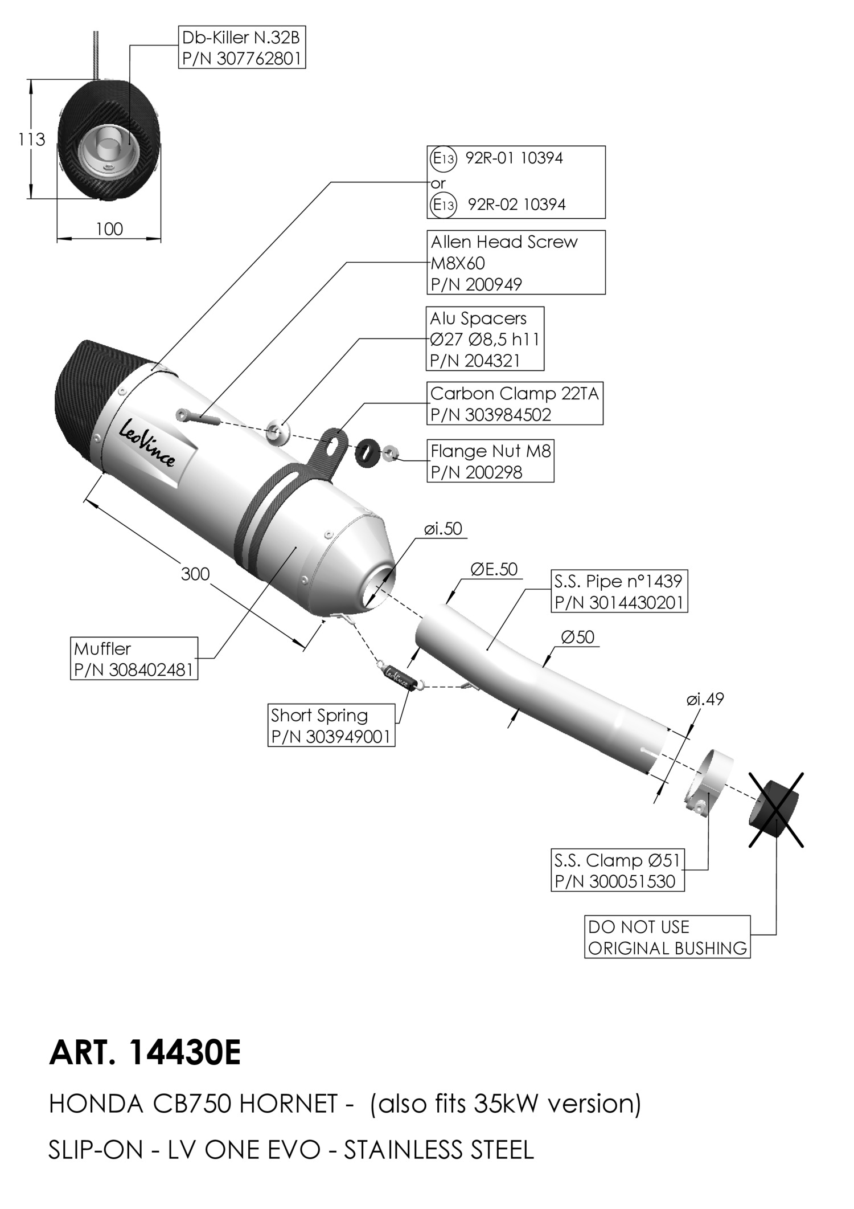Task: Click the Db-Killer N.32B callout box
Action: coord(242,48)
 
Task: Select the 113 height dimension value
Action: coord(31,139)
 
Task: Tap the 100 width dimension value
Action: coord(109,229)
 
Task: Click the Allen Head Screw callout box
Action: coord(516,262)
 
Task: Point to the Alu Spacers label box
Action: coord(485,339)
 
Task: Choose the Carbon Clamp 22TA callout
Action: coord(515,403)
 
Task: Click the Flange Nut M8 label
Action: coord(490,461)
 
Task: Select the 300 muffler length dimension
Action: coord(195,573)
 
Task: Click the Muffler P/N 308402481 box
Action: coord(134,659)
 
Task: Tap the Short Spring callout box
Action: coord(331,725)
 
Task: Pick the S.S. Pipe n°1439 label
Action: coord(619,591)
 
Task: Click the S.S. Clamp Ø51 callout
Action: coord(618,870)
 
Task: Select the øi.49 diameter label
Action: coord(705,699)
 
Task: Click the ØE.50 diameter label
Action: coord(494,569)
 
